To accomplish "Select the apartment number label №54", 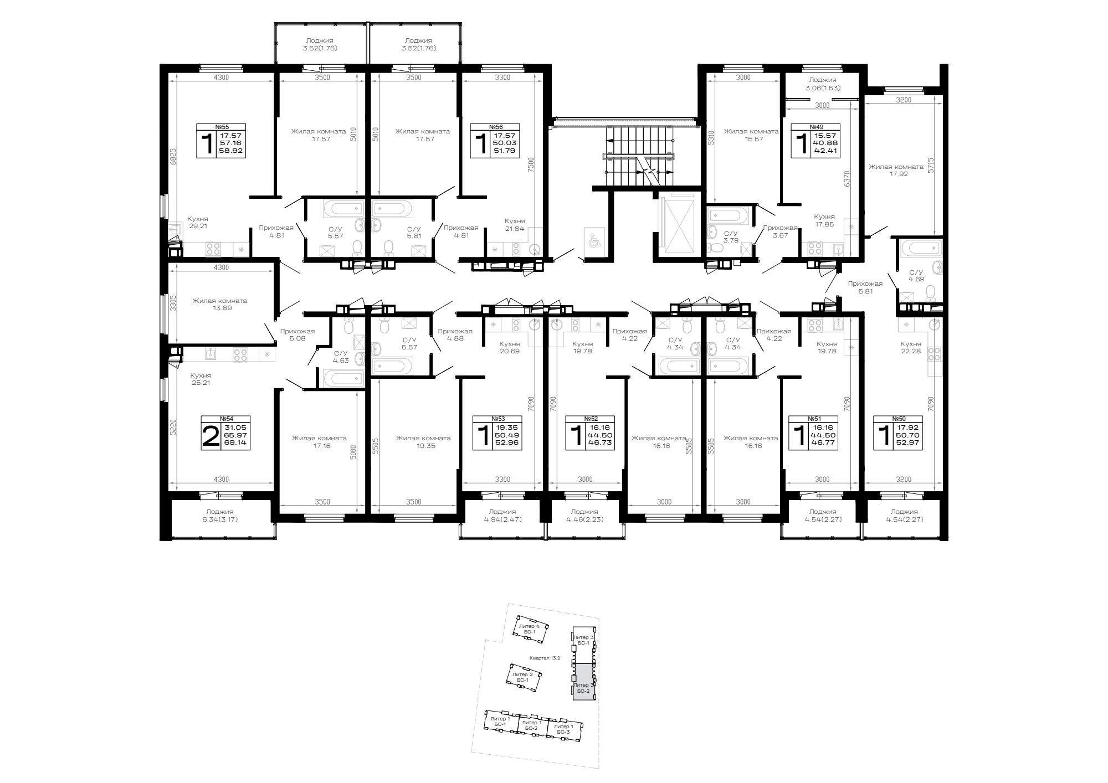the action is [x=225, y=419].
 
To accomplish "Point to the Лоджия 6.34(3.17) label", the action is [x=220, y=516].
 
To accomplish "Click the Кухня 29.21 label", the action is [x=198, y=223].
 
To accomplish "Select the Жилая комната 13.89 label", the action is [x=220, y=305].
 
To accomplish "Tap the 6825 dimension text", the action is [x=172, y=157].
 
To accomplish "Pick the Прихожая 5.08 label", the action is [x=297, y=335].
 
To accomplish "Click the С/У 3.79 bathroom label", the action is [x=731, y=236].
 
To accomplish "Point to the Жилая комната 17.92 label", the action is [x=896, y=170].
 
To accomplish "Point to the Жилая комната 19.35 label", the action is [x=423, y=442].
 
